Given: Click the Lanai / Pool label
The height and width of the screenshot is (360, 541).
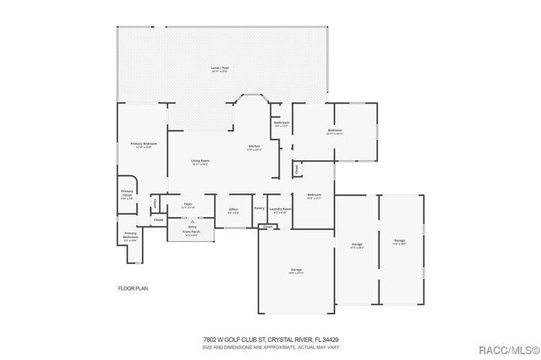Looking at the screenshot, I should tap(219, 68).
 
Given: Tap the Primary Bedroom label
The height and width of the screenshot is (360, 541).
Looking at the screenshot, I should tap(143, 144).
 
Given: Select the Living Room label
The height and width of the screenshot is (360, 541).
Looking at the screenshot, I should tap(199, 161).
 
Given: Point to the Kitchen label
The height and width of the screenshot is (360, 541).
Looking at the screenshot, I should tap(254, 146).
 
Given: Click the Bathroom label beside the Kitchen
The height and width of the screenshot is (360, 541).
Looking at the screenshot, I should tap(281, 123).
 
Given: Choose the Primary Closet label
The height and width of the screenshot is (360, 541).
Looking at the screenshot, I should tap(127, 194).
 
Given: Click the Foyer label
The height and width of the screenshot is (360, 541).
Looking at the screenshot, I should tap(189, 204).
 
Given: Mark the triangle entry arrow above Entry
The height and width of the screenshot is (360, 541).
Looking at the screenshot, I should tap(192, 222).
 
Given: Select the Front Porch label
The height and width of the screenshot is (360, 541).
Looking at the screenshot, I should tap(190, 232).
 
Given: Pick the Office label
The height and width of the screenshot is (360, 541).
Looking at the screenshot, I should tap(233, 209).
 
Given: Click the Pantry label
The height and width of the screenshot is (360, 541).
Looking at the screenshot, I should tap(258, 208).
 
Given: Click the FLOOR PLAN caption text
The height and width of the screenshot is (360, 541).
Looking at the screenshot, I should tap(132, 288).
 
